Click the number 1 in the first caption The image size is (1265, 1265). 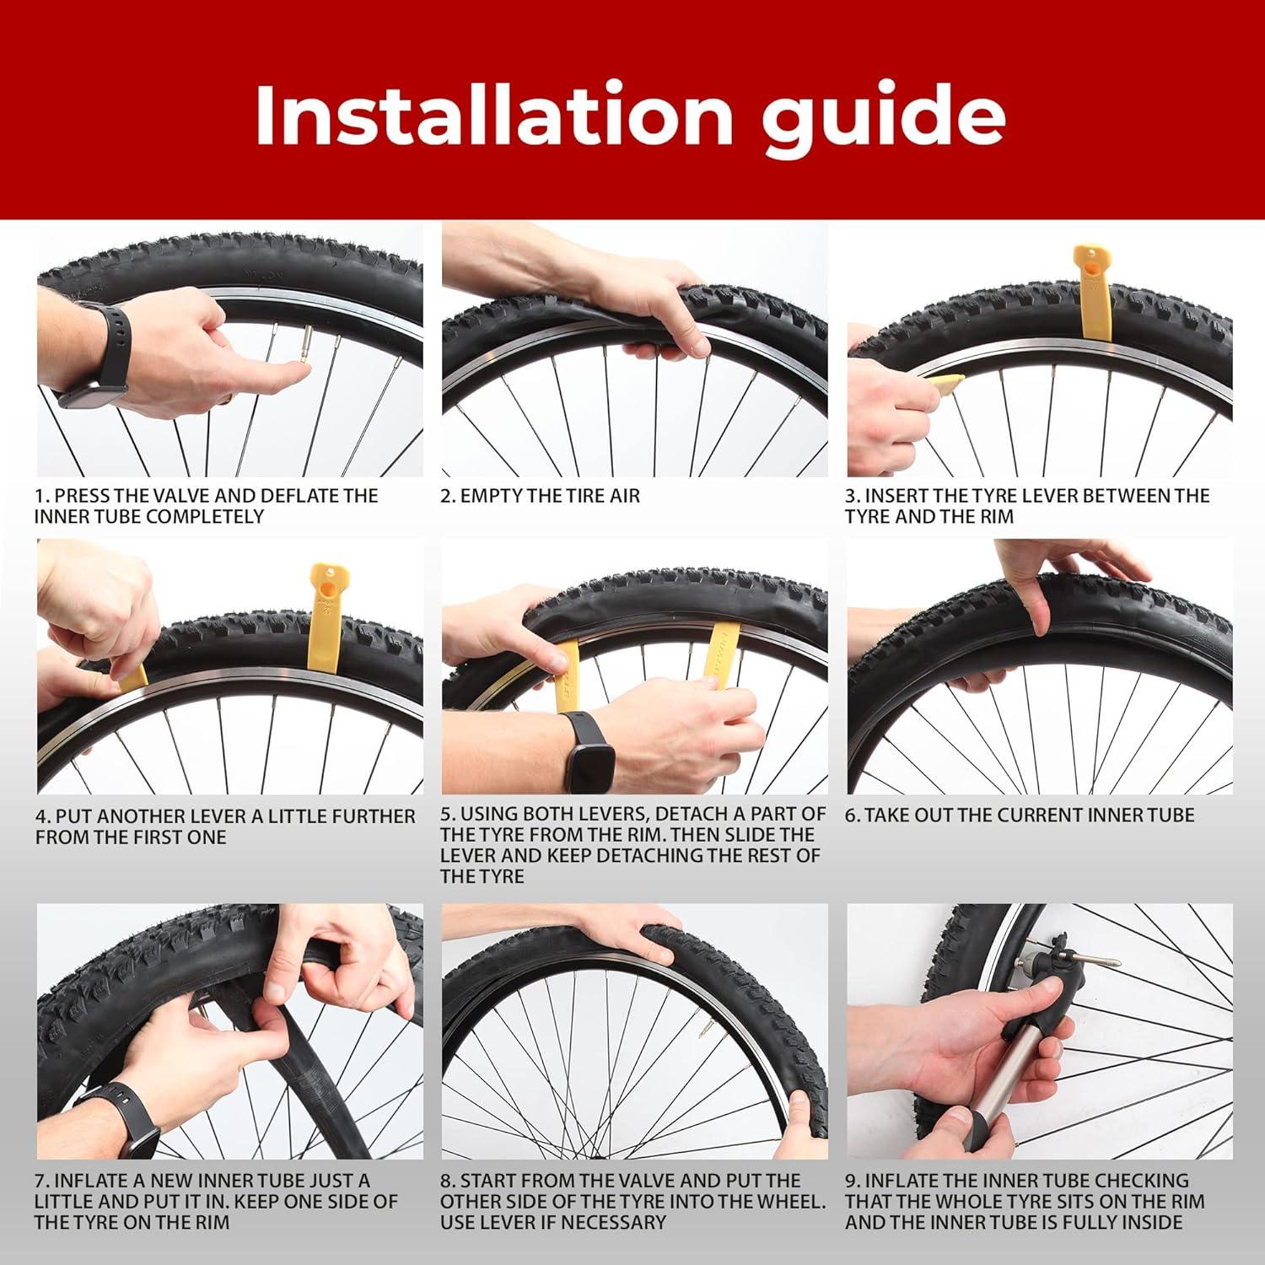click(39, 496)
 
